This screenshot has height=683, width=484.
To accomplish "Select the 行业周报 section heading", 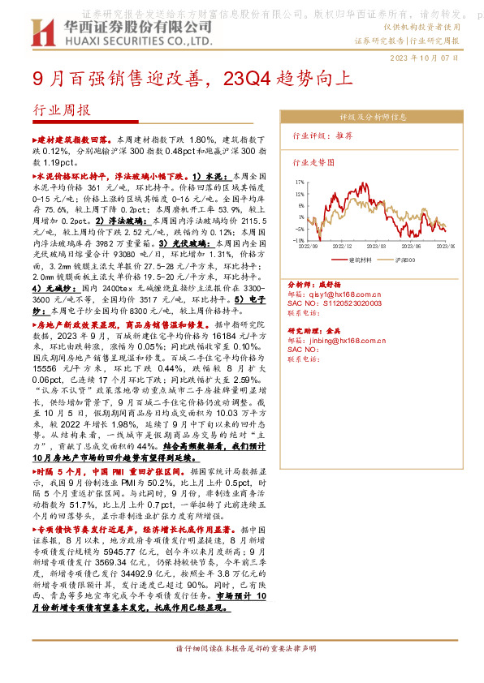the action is [x=61, y=110].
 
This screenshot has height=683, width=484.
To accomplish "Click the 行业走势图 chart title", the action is [x=313, y=162].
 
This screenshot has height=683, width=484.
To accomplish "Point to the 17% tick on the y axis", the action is [x=300, y=183].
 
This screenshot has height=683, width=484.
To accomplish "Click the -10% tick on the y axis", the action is [x=299, y=241].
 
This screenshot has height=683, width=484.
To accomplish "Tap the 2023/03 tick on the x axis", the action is [x=377, y=246].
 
